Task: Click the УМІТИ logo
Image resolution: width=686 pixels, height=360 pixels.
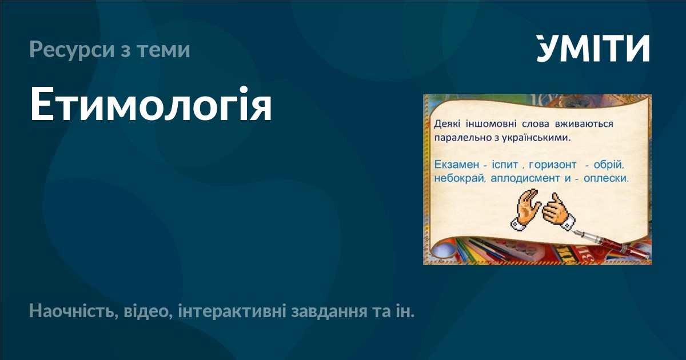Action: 593,48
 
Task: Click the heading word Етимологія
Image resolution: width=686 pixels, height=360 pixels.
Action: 151,105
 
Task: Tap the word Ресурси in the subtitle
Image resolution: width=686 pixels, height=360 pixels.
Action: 72,50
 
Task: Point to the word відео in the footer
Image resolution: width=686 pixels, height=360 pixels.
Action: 148,311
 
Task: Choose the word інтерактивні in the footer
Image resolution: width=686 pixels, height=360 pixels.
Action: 232,311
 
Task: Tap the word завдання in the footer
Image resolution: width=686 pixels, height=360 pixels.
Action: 329,312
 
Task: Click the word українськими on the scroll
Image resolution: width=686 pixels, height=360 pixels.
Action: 536,138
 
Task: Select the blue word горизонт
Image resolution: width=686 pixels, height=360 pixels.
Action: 552,165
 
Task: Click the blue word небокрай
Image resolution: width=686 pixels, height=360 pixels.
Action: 460,178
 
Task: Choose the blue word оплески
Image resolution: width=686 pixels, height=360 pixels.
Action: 606,178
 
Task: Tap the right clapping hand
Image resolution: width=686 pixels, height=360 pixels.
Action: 559,212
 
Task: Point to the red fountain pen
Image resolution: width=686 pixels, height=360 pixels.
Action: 612,244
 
